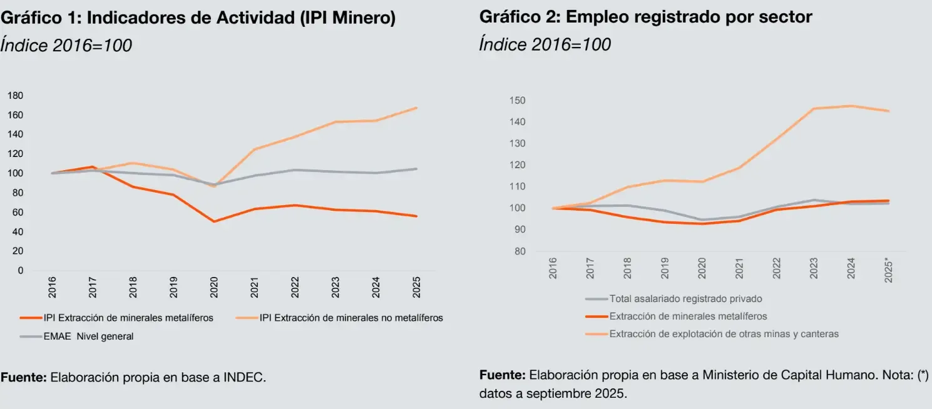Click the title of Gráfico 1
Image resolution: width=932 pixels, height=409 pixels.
[x=198, y=18]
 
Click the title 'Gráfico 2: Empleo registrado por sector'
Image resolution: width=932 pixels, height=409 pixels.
[x=645, y=17]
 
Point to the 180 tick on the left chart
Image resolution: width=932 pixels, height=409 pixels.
[x=15, y=96]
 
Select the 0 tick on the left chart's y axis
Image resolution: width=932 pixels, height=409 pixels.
[x=21, y=270]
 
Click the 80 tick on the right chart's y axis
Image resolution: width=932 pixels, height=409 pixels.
[x=519, y=251]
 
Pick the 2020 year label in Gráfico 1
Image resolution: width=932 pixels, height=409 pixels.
[x=214, y=287]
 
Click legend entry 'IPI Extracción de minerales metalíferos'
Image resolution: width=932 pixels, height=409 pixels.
[x=128, y=318]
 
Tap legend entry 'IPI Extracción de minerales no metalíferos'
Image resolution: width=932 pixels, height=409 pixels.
[x=351, y=318]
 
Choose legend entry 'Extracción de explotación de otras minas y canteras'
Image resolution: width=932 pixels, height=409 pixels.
[x=724, y=334]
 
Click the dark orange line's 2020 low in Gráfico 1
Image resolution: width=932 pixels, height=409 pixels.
[x=215, y=221]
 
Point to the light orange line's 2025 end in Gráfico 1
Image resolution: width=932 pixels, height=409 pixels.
[x=416, y=108]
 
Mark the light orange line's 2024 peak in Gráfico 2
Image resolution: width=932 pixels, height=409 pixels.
[x=851, y=106]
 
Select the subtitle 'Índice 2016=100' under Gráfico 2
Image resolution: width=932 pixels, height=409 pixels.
[x=545, y=45]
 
